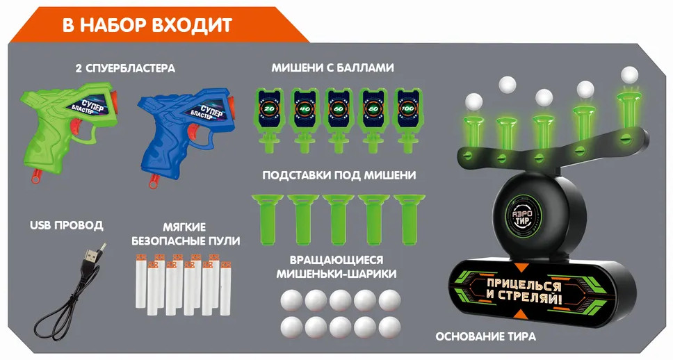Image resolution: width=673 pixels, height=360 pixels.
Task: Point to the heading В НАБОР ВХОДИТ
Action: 147,25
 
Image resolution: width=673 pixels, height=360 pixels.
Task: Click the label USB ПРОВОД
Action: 67,225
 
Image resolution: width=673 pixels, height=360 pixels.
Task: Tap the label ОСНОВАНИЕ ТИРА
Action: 486,336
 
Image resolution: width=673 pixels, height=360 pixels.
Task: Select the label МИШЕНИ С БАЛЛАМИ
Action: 332,68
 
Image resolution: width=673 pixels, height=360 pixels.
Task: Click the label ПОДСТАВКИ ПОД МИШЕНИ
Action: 339,175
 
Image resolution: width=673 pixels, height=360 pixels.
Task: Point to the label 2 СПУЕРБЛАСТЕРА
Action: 125,68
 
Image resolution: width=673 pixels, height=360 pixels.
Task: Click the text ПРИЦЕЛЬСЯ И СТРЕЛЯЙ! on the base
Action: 524,291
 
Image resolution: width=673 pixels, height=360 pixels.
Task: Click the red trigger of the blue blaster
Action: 194,132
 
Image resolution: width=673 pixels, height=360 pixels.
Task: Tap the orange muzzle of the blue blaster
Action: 232,104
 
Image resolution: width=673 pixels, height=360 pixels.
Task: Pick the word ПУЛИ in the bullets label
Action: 225,240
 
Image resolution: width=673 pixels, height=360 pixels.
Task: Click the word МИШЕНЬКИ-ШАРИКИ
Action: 336,273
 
